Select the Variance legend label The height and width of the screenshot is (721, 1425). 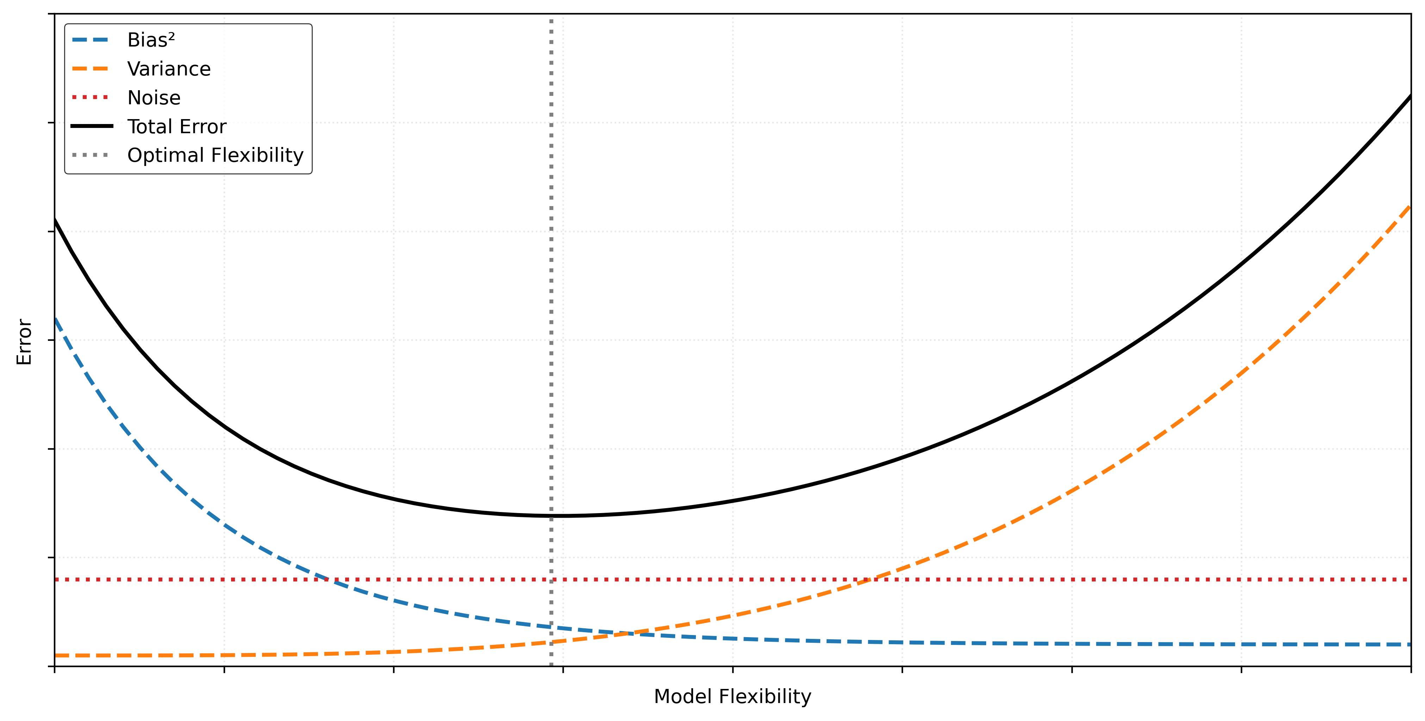[x=169, y=69]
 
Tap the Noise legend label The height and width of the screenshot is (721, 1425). [x=154, y=98]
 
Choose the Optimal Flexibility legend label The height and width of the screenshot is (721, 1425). [x=215, y=155]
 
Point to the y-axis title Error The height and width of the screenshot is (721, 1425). [x=24, y=341]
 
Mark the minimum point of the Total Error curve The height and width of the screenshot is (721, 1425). [x=559, y=516]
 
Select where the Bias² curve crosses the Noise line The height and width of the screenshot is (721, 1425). [x=326, y=579]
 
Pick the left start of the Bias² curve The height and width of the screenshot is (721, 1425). [x=55, y=318]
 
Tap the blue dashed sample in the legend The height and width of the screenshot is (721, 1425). [x=91, y=40]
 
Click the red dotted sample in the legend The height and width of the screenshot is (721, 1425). [x=91, y=98]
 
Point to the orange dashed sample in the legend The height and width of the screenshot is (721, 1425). [x=91, y=69]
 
